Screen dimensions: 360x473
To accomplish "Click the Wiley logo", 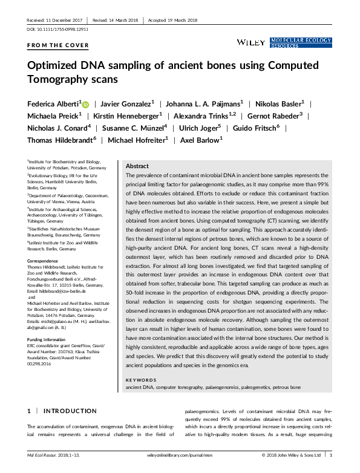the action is (x=248, y=42).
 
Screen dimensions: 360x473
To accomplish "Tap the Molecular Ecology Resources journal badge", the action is (x=301, y=42).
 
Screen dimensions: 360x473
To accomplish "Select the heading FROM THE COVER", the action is (x=58, y=45).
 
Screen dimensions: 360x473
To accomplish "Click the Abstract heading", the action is (x=137, y=166).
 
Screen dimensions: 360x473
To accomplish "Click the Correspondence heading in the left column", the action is (x=44, y=261).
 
